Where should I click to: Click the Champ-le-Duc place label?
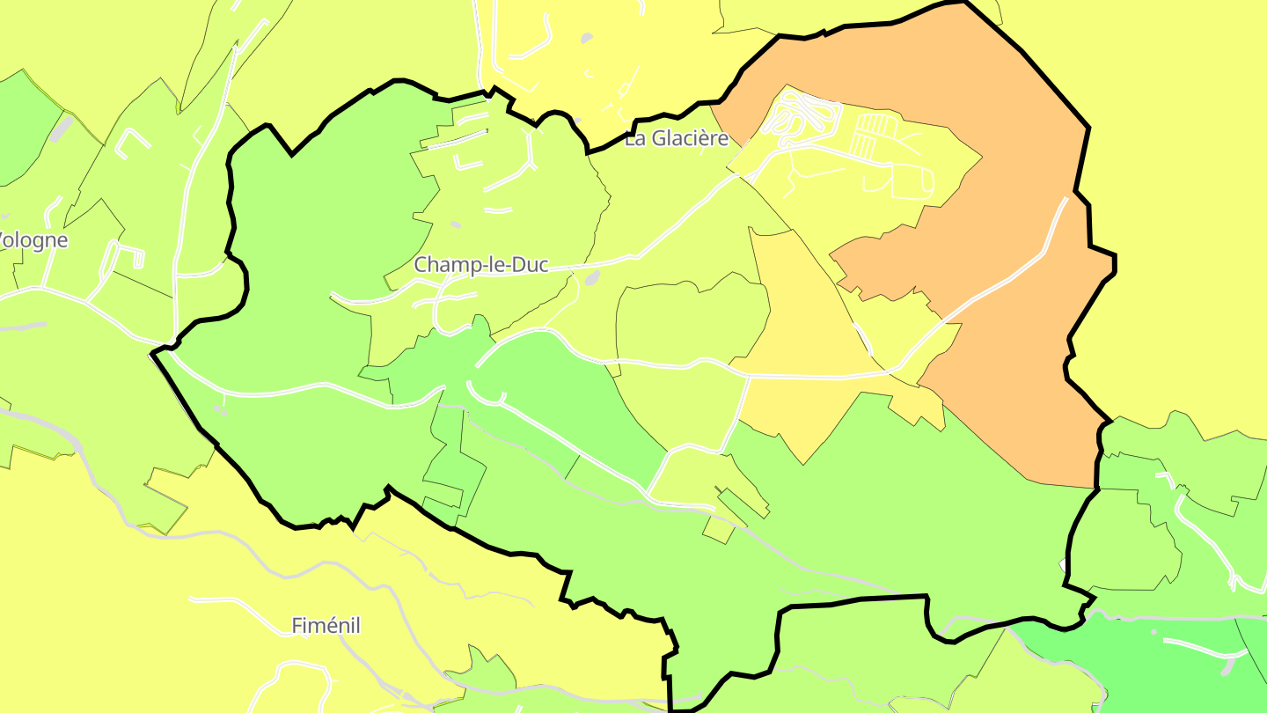pos(481,265)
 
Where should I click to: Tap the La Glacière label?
pos(677,138)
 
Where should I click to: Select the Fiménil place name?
pos(326,626)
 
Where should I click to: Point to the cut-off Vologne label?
pos(33,240)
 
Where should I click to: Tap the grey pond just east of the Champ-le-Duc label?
pos(591,278)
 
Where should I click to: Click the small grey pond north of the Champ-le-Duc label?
pos(455,225)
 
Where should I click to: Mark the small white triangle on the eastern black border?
pos(1063,563)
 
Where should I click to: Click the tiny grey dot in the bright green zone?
pos(1153,631)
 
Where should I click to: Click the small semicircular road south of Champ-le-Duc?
pos(487,395)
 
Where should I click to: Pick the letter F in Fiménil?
pos(297,626)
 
